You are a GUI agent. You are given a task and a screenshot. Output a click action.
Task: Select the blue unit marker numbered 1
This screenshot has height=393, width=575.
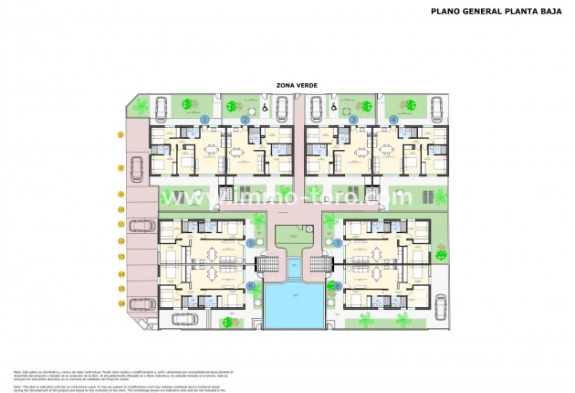205,120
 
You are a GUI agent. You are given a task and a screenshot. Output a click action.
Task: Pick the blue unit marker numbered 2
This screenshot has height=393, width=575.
246,120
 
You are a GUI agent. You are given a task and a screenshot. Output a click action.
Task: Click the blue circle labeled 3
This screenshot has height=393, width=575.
353,120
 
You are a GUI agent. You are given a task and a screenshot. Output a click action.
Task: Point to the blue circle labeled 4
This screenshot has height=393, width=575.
393,120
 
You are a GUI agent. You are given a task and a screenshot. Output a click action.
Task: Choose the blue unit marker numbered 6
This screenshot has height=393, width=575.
251,286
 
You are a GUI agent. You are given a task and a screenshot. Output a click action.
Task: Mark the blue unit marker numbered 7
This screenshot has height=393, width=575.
338,243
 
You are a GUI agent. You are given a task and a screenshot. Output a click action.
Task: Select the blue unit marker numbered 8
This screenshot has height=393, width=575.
338,286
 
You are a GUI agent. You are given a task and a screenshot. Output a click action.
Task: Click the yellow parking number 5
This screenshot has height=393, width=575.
120,134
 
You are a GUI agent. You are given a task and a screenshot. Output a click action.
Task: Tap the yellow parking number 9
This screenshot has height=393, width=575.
120,195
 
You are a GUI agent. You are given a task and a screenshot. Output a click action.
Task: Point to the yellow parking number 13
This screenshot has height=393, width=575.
120,257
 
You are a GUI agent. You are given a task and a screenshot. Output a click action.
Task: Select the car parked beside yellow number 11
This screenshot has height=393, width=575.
140,225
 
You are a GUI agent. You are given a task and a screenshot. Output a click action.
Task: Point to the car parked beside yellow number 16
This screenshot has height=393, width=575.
140,303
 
